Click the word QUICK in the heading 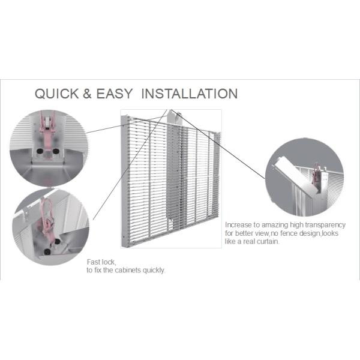pyautogui.click(x=57, y=94)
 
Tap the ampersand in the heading pyautogui.click(x=87, y=94)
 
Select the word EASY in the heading pyautogui.click(x=115, y=94)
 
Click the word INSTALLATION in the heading pyautogui.click(x=190, y=94)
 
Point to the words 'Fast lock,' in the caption pyautogui.click(x=101, y=262)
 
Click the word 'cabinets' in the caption pyautogui.click(x=128, y=270)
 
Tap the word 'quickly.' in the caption pyautogui.click(x=154, y=271)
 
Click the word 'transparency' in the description pyautogui.click(x=325, y=225)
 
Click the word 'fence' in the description pyautogui.click(x=289, y=233)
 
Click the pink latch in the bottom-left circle pyautogui.click(x=48, y=220)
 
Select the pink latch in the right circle pyautogui.click(x=316, y=177)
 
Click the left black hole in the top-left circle pyautogui.click(x=40, y=151)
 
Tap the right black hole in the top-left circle pyautogui.click(x=56, y=151)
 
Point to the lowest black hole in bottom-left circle pyautogui.click(x=47, y=252)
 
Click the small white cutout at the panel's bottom pyautogui.click(x=170, y=224)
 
